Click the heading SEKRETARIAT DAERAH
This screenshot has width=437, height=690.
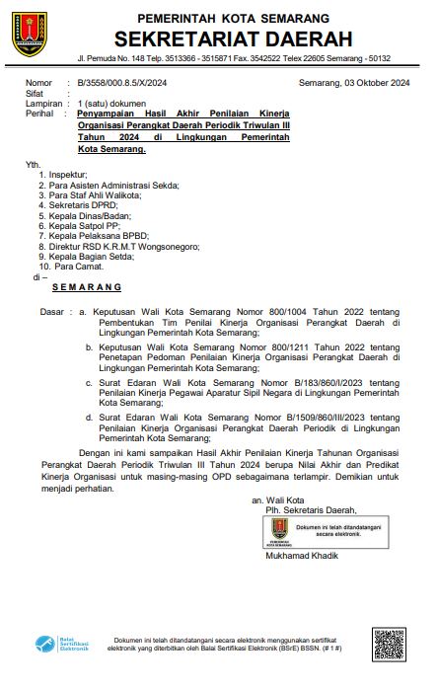[x=233, y=39]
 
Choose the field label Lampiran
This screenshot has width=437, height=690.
[x=44, y=103]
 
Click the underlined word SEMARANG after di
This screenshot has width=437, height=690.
[x=86, y=287]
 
